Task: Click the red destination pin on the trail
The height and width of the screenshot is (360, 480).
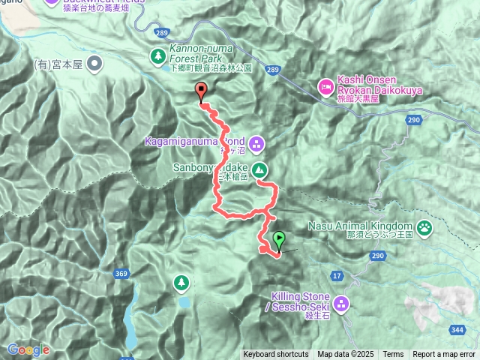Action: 201,92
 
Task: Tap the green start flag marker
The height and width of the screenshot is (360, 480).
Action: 279,240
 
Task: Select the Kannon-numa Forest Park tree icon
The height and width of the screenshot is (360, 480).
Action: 158,55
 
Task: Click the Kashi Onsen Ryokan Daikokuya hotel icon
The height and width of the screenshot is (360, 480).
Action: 325,87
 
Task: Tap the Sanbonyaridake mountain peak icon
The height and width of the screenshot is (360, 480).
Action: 259,169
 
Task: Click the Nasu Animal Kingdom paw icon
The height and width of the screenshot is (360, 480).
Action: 425,226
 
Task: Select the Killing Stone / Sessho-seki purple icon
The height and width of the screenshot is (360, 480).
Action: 341,304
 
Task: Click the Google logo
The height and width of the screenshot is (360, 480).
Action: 28,349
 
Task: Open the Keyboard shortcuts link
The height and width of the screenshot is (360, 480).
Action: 275,355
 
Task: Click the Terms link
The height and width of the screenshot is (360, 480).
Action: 393,355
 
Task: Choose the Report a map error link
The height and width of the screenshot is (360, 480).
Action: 444,355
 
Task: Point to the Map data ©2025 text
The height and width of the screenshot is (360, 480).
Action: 345,355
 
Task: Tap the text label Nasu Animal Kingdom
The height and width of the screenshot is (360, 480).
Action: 360,226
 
